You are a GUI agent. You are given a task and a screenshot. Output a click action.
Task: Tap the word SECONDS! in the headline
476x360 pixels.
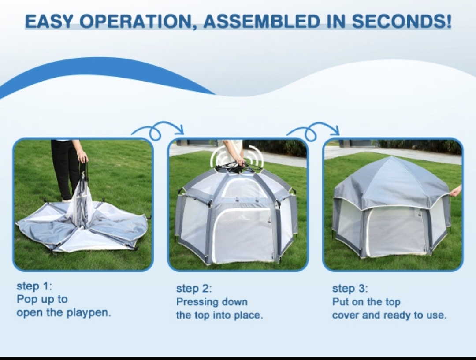pos(402,21)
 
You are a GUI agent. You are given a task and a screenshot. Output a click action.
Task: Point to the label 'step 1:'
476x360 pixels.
pos(34,286)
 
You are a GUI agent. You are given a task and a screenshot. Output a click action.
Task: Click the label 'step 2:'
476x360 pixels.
pos(194,288)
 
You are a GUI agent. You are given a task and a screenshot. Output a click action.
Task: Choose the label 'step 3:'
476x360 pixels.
pos(350,288)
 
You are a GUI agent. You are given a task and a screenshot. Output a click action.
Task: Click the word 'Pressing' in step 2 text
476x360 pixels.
pos(195,302)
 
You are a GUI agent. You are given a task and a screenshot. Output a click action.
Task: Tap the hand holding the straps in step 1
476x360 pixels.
pos(82,157)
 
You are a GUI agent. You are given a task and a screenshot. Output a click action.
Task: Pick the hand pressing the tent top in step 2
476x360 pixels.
pos(240,160)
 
